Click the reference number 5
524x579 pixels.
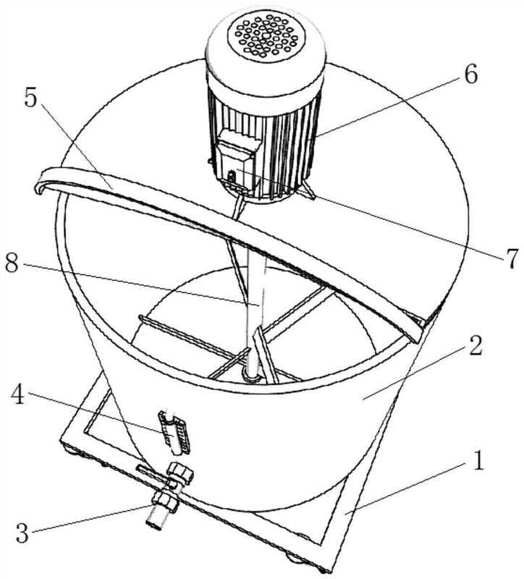click(30, 98)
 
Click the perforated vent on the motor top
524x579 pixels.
click(265, 34)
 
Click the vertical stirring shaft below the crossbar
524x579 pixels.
click(254, 318)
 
